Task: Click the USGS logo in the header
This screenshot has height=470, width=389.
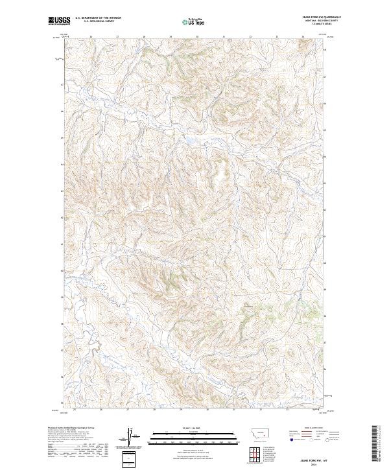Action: point(58,21)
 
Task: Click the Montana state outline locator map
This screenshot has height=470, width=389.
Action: point(251,431)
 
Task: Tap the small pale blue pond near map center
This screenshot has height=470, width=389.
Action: point(189,139)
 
